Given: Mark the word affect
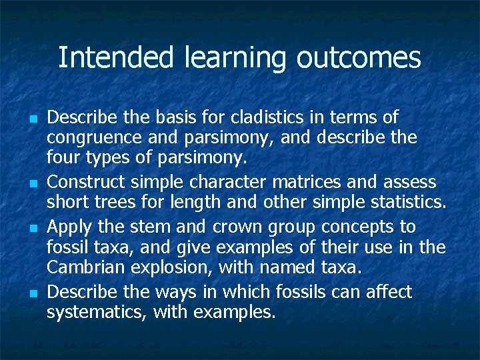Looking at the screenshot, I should (x=387, y=291).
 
